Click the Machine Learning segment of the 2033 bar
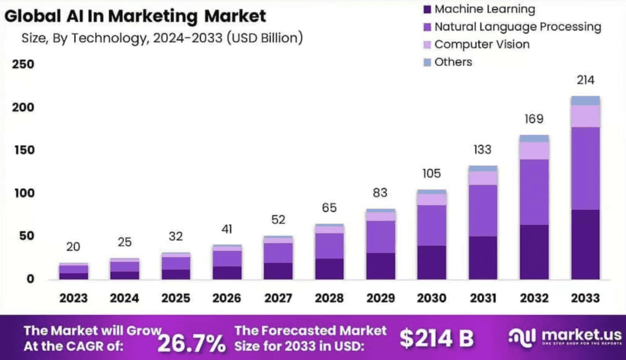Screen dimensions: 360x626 (x=585, y=244)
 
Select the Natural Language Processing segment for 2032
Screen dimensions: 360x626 (x=534, y=192)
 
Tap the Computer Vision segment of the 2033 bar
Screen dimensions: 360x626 (x=585, y=116)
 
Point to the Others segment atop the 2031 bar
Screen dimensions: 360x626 (x=482, y=168)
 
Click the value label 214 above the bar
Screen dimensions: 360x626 (x=585, y=80)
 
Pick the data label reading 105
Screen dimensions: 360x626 (x=431, y=174)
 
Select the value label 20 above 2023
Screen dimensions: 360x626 (x=73, y=246)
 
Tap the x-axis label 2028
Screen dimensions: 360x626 (x=330, y=298)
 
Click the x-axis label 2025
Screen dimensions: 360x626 (x=176, y=298)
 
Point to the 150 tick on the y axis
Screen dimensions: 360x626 (x=23, y=150)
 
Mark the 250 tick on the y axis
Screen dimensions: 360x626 (x=23, y=65)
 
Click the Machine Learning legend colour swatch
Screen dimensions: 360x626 (x=427, y=9)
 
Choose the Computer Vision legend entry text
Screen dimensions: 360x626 (x=482, y=44)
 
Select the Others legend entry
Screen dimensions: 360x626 (x=453, y=62)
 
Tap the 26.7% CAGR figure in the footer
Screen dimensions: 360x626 (x=191, y=343)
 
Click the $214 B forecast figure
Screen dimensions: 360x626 (x=436, y=338)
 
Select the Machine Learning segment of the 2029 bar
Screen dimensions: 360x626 (x=380, y=266)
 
